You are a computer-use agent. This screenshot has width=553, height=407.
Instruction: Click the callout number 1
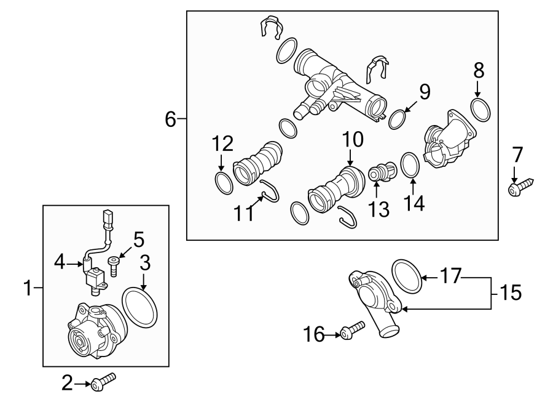(27, 288)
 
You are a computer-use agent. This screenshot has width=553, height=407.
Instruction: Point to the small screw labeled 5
(115, 265)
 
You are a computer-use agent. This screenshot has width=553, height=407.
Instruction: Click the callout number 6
(170, 119)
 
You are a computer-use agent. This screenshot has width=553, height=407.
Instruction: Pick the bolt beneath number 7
(520, 187)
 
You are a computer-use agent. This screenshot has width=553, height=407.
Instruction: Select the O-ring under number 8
(481, 109)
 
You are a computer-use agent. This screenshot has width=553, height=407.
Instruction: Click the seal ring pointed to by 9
(399, 119)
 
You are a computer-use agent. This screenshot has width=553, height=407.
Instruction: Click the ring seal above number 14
(410, 165)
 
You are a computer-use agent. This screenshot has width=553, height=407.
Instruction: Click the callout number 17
(450, 276)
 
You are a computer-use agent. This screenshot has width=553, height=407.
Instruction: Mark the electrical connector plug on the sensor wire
(109, 218)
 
